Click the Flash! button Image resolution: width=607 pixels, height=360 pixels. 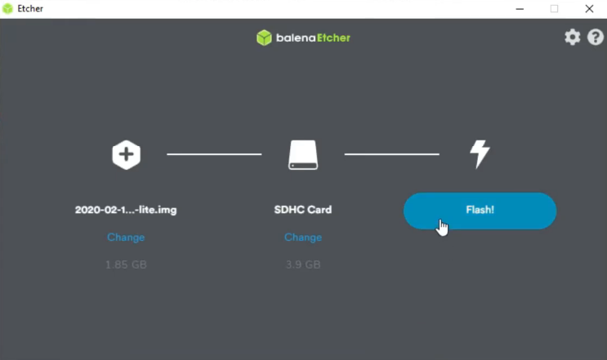click(x=480, y=211)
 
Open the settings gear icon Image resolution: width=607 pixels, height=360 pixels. click(x=572, y=37)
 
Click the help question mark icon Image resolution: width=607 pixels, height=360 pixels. click(x=596, y=37)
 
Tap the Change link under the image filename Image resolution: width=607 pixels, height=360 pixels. click(x=126, y=237)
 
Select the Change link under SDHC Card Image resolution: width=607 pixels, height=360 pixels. click(x=303, y=237)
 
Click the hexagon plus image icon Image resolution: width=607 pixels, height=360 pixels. click(x=126, y=154)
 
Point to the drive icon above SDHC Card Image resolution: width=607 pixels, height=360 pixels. click(x=303, y=154)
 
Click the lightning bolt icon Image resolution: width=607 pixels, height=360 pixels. click(x=480, y=154)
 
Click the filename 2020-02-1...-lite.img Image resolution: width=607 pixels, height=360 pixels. click(x=126, y=210)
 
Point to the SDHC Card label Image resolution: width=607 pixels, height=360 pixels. click(x=303, y=210)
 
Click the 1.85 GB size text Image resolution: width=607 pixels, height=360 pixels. click(x=126, y=264)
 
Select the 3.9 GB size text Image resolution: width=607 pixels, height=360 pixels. click(x=303, y=264)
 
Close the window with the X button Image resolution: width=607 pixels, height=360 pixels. click(x=589, y=8)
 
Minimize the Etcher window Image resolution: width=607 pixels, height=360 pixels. click(x=520, y=9)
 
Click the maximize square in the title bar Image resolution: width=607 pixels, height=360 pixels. click(x=555, y=8)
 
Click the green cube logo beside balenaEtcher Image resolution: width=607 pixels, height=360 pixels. click(x=264, y=38)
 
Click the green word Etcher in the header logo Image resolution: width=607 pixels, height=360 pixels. click(x=333, y=38)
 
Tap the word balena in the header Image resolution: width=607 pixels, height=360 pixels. click(x=296, y=38)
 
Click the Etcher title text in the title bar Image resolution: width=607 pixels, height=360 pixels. click(x=30, y=8)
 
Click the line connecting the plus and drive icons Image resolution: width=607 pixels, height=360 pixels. click(x=214, y=154)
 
